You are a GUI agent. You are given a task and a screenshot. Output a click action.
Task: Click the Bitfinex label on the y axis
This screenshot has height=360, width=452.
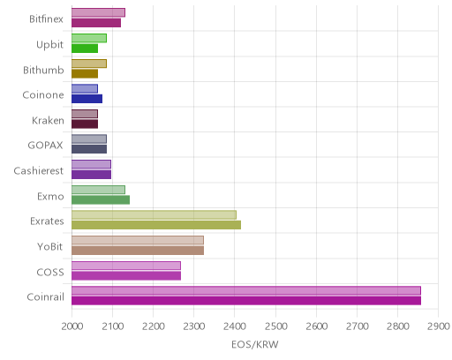[x=46, y=19]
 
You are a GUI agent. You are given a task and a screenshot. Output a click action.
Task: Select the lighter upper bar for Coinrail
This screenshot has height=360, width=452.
[x=246, y=290]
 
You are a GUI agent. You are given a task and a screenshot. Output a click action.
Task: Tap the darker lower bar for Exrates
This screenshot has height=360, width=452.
[x=156, y=225]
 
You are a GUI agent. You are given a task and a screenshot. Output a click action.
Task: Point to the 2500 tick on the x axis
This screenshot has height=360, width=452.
[x=275, y=326]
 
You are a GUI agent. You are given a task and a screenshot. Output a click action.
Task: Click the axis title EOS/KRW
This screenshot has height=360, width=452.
[x=255, y=344]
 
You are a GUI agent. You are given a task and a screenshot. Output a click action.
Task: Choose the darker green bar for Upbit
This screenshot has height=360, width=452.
[x=85, y=49]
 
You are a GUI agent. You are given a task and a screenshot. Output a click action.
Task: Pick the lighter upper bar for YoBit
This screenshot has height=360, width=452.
[x=138, y=240]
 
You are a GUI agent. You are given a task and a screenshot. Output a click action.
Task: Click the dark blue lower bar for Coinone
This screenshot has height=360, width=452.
[x=87, y=99]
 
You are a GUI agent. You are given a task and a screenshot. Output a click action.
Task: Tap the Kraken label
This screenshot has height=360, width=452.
[x=48, y=121]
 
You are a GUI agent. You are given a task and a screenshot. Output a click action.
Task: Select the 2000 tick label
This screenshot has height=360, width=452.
[x=72, y=326]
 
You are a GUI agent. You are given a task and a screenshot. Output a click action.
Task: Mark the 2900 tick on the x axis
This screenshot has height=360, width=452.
[x=439, y=326]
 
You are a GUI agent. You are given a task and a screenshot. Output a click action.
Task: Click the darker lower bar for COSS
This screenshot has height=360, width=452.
[x=126, y=276]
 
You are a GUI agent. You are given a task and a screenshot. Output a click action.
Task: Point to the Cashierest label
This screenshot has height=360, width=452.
[x=39, y=171]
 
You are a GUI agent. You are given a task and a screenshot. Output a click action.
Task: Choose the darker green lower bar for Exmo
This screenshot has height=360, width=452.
[x=101, y=200]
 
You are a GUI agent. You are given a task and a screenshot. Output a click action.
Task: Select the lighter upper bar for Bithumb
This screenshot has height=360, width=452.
[x=89, y=64]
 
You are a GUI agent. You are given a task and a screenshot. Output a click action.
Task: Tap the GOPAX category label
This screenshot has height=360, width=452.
[x=45, y=146]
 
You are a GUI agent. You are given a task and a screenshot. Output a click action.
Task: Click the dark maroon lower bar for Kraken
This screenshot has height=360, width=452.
[x=85, y=124]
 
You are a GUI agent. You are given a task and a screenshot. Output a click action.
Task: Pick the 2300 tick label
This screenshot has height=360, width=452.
[x=194, y=326]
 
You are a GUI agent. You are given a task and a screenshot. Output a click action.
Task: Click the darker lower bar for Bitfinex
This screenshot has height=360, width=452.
[x=96, y=23]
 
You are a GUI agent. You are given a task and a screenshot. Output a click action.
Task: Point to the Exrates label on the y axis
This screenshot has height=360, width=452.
[x=47, y=221]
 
